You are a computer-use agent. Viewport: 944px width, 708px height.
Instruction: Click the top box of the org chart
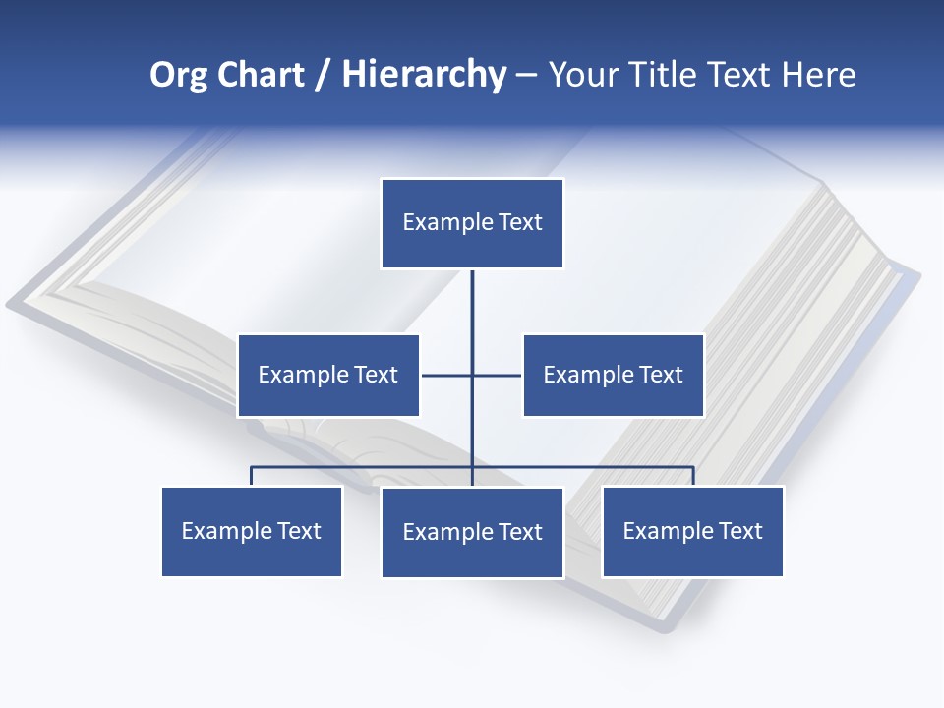point(472,223)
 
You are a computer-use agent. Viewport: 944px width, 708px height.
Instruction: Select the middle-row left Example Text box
point(328,375)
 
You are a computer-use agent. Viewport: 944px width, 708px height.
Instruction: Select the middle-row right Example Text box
point(613,375)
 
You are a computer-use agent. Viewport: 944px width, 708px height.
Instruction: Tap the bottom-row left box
point(252,531)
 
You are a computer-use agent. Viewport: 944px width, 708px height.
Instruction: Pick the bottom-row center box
point(472,532)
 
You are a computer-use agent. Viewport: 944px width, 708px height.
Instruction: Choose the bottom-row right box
point(692,531)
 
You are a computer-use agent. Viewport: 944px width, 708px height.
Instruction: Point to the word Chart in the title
point(260,75)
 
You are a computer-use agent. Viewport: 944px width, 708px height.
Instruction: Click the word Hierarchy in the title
point(424,75)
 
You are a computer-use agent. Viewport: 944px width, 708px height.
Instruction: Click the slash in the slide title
point(323,75)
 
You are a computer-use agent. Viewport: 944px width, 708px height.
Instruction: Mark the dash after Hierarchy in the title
point(526,75)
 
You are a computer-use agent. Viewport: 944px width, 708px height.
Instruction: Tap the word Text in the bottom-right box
point(739,531)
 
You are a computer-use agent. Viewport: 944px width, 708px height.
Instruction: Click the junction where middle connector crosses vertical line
point(472,375)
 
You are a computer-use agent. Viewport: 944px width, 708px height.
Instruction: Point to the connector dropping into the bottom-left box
point(252,475)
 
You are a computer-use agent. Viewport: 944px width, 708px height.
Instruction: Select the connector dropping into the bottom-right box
point(693,475)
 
